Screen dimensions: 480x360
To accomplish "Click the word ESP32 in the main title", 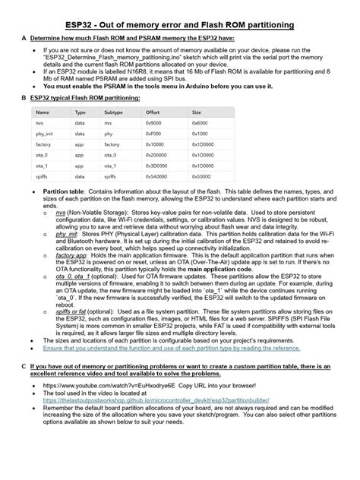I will (81, 25).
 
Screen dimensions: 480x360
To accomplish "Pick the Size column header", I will (197, 112).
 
